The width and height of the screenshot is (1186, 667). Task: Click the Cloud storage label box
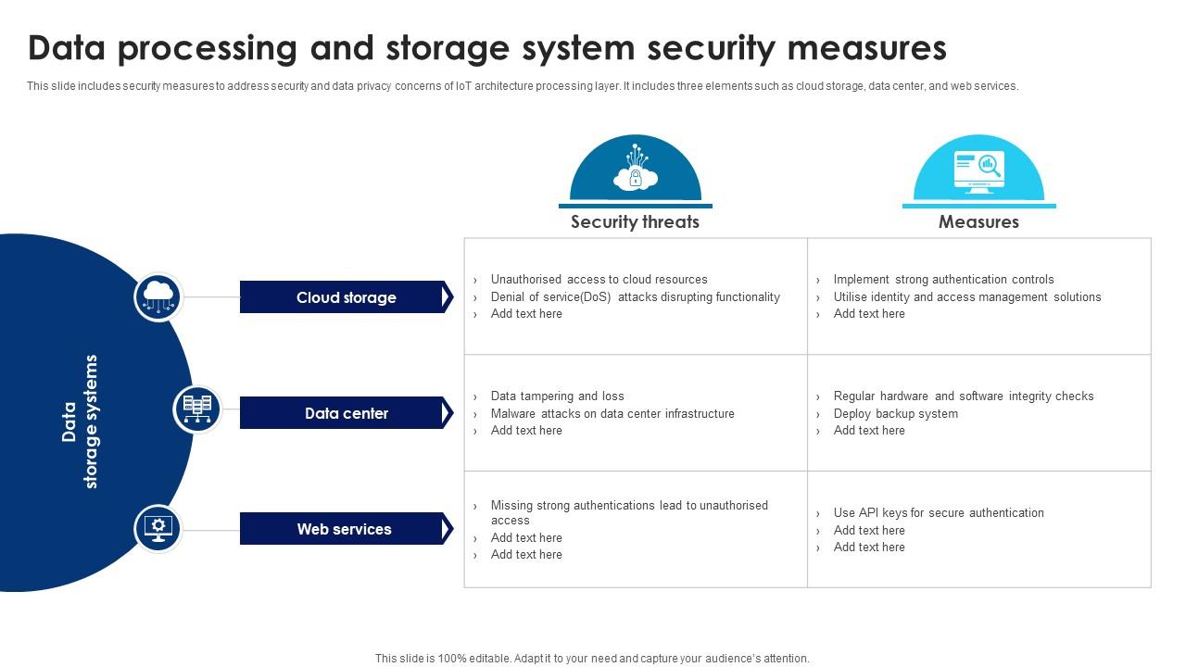click(x=346, y=297)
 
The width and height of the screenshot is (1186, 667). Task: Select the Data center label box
click(x=346, y=413)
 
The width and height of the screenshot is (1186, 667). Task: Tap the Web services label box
click(x=344, y=529)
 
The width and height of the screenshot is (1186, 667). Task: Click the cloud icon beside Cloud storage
click(x=158, y=296)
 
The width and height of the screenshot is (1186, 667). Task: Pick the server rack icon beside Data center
click(x=197, y=409)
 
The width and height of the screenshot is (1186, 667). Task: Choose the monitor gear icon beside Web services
click(x=158, y=528)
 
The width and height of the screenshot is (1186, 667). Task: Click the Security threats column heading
click(x=635, y=221)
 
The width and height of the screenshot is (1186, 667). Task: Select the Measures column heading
click(x=978, y=221)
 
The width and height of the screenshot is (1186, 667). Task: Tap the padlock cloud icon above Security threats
click(x=636, y=172)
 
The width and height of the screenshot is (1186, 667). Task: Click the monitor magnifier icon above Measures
click(x=978, y=170)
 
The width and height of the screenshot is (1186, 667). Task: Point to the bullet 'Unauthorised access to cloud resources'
click(x=599, y=279)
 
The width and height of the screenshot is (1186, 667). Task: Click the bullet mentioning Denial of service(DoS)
click(x=635, y=296)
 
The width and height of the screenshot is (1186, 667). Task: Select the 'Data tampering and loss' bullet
click(x=557, y=396)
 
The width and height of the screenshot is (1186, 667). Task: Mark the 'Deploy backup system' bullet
click(x=895, y=413)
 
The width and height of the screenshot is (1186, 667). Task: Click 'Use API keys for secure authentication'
click(x=938, y=512)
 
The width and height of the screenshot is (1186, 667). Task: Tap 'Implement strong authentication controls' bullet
click(x=943, y=279)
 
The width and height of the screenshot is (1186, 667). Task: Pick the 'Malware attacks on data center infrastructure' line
click(x=612, y=413)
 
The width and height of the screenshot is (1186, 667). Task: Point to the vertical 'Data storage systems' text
click(x=80, y=422)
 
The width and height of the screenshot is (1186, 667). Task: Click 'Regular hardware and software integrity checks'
click(x=963, y=396)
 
